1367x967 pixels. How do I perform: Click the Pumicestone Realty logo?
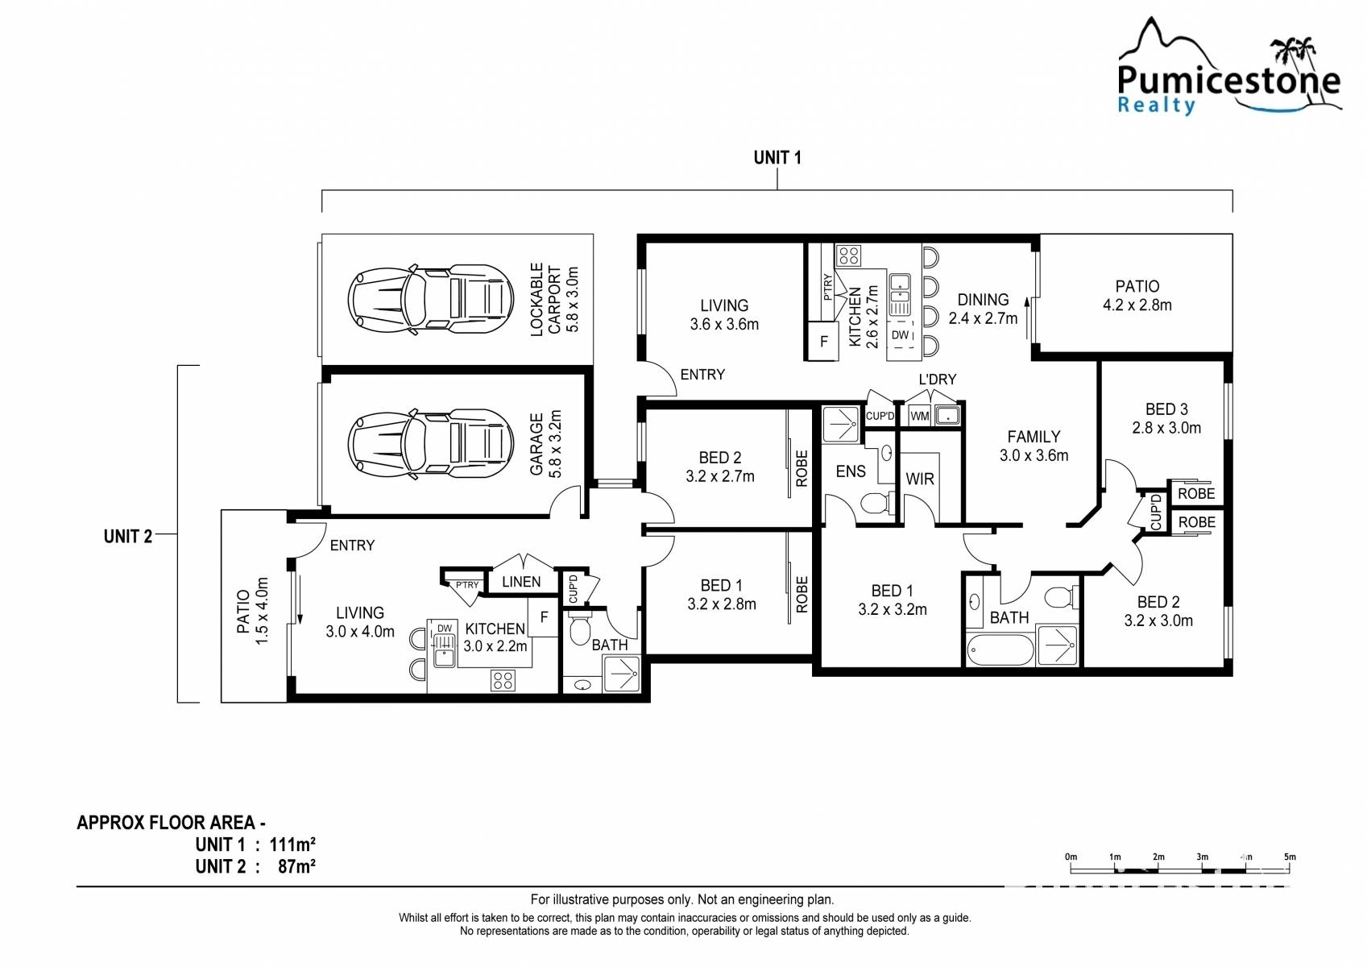pos(1228,67)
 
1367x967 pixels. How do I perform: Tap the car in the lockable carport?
pos(430,300)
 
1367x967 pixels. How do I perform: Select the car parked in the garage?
pos(430,444)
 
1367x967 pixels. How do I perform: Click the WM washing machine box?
pos(919,417)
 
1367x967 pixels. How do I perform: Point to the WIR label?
pos(920,479)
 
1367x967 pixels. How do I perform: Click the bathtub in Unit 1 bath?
pos(1000,650)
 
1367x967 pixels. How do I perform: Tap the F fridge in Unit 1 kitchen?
pos(824,341)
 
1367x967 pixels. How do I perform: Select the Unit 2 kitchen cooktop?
pos(503,681)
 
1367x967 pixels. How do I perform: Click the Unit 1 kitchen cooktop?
pos(848,255)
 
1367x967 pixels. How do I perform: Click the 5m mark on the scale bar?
pos(1290,857)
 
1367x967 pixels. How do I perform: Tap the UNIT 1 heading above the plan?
pos(777,157)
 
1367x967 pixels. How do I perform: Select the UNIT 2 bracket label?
pos(127,536)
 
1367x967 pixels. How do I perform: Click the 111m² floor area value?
pos(292,845)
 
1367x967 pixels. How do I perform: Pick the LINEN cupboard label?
pos(521,582)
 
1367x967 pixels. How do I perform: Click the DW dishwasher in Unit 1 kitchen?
pos(900,335)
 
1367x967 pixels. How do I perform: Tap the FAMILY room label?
pos(1034,437)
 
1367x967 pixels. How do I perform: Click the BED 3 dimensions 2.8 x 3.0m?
pos(1166,428)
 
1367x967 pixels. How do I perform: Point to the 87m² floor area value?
pos(296,866)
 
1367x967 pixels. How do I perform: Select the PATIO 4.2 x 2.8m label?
pos(1137,296)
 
